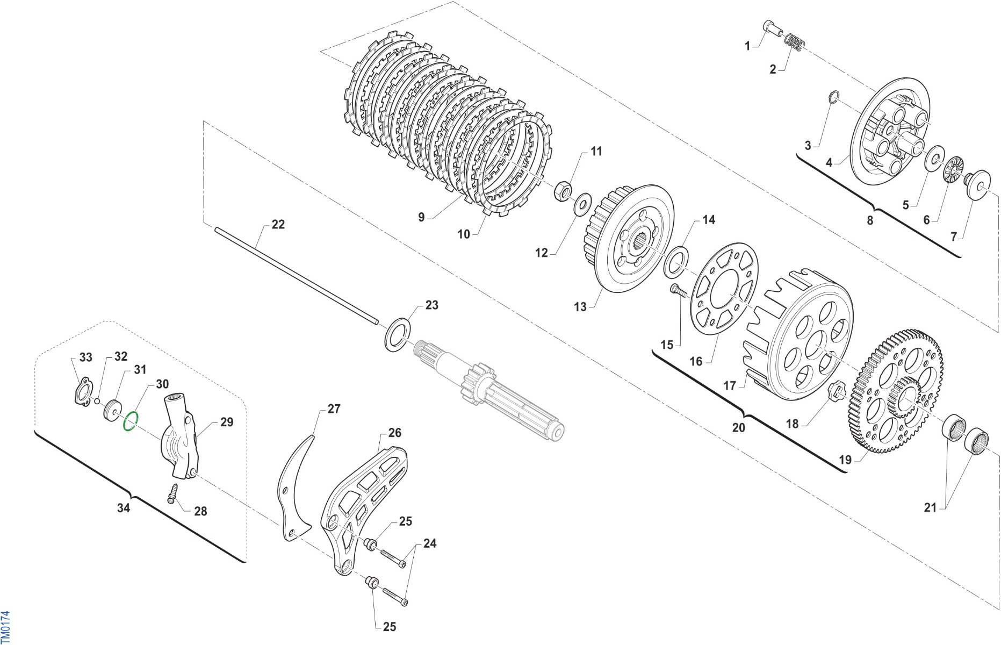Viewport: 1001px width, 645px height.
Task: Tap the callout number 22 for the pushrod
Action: coord(278,224)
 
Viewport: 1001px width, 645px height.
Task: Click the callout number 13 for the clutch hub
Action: coord(580,307)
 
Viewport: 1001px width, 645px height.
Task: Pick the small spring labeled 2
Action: coord(793,42)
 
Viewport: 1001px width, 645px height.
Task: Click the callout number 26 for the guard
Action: coord(394,433)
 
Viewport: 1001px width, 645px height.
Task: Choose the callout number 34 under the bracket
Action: coord(124,508)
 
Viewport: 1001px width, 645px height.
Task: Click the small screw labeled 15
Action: coord(678,291)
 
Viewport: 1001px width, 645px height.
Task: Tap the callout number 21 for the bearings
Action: coord(930,507)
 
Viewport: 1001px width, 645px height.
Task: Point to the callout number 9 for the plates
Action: coord(421,217)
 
